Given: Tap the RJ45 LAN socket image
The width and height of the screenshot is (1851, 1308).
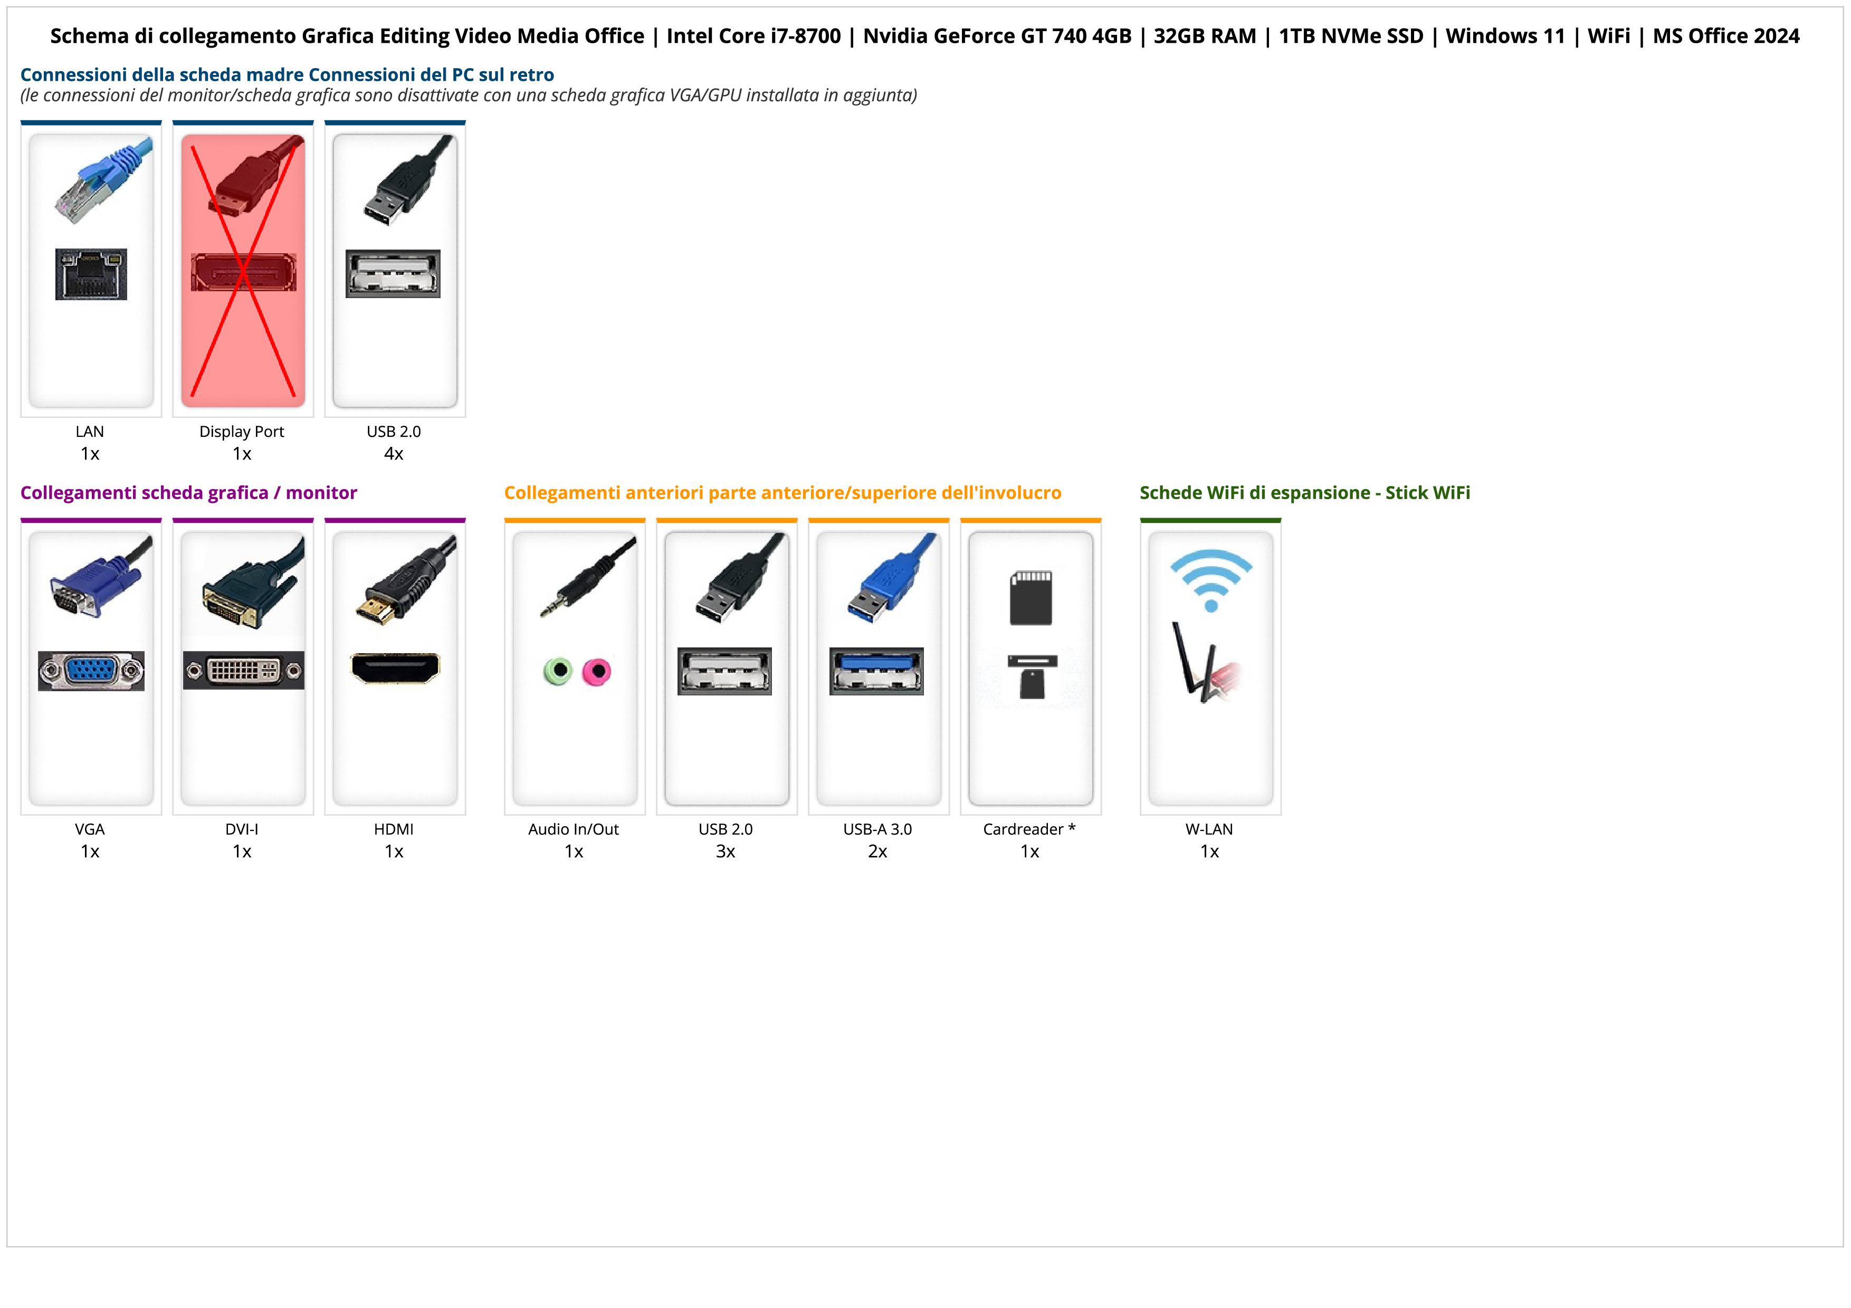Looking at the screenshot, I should (91, 274).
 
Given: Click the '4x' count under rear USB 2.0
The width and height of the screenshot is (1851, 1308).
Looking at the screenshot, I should (394, 454).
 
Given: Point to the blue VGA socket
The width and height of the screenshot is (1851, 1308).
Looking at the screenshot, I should (91, 671).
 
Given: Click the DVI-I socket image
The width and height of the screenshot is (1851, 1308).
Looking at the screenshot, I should (243, 671).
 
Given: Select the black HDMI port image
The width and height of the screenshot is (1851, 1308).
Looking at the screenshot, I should (395, 668).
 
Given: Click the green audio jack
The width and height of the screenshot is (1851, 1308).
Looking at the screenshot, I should (558, 671).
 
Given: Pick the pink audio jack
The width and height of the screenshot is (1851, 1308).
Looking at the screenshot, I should (597, 671).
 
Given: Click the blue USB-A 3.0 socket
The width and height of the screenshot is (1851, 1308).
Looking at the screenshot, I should (876, 671).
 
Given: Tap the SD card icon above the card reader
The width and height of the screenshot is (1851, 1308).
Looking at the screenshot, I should (1031, 597).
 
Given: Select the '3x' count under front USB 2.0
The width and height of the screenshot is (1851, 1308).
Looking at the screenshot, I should (726, 852).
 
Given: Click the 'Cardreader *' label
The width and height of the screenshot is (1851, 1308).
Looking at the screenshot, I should (1029, 829).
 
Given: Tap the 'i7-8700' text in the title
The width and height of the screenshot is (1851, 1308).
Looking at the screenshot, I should (795, 36).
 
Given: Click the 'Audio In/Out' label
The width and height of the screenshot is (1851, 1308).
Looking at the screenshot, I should (573, 829).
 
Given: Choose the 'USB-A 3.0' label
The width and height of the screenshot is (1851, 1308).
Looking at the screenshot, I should (877, 829).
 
